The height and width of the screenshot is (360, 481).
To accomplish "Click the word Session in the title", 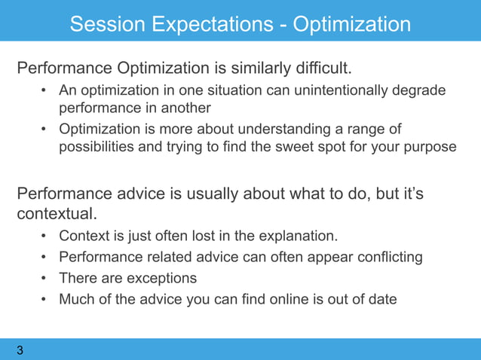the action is [107, 24].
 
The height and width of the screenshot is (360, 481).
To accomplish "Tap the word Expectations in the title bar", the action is [213, 25].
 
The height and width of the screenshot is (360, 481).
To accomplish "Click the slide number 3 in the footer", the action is [20, 350].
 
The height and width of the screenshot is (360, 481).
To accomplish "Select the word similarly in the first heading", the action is [260, 68].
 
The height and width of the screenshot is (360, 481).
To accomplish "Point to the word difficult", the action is [323, 67].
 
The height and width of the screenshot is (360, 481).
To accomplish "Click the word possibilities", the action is [97, 147].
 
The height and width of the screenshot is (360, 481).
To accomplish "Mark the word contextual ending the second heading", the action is [57, 214].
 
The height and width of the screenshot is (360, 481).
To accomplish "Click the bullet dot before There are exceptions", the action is [44, 278].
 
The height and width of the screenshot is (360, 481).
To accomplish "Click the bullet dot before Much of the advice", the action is [44, 299].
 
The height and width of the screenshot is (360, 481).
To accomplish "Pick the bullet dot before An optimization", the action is [44, 90].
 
